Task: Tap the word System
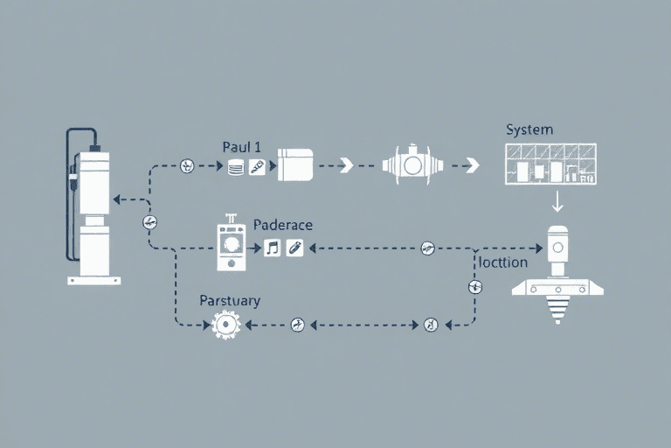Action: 529,129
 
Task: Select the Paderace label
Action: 282,225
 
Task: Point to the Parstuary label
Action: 230,301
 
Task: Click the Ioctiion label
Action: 504,262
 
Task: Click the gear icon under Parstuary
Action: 226,325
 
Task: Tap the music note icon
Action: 273,248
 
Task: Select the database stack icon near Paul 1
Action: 234,166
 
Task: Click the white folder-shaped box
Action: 294,164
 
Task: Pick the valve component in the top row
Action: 413,164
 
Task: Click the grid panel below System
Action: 550,164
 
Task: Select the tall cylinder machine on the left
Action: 94,210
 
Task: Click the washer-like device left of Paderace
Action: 232,244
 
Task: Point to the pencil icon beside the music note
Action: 294,248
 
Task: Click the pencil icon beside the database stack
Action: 257,166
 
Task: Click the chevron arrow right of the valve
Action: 472,164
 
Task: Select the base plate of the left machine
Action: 94,280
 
